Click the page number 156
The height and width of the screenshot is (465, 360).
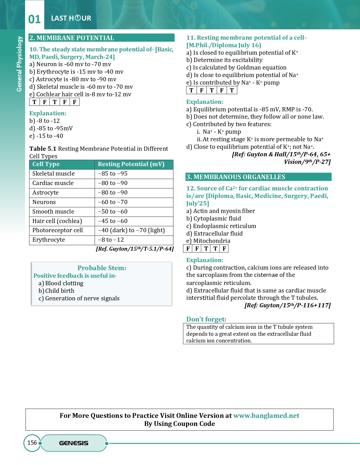(x=32, y=443)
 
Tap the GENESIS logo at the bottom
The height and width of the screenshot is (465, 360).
(x=74, y=443)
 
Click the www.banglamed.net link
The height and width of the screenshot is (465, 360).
(x=266, y=416)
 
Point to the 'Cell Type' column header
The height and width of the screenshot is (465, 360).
(x=46, y=164)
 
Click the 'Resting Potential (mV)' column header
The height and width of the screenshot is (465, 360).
(x=131, y=164)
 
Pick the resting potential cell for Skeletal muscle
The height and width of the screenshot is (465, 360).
(x=113, y=174)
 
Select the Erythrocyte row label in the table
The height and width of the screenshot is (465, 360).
(x=49, y=240)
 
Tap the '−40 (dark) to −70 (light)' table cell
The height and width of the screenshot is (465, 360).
(x=131, y=230)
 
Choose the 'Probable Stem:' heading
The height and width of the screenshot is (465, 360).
(x=102, y=268)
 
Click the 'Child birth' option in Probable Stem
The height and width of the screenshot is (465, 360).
(x=60, y=291)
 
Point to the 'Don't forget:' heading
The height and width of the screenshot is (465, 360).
(x=206, y=319)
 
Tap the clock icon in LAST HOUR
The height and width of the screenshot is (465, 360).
(x=78, y=18)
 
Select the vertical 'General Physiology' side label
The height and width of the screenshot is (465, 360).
(x=19, y=64)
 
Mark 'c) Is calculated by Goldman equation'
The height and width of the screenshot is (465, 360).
(x=236, y=68)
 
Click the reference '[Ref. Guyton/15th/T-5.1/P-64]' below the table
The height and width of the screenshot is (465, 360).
(x=135, y=249)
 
